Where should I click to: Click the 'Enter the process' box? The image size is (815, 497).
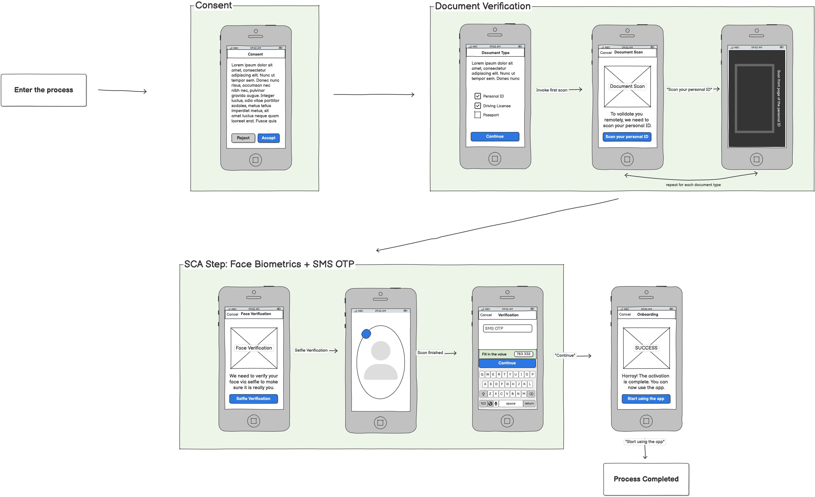coord(44,90)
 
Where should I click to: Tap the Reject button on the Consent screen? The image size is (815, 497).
coord(243,138)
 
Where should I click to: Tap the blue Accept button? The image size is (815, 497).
coord(268,138)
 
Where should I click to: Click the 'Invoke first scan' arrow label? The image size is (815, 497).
coord(551,90)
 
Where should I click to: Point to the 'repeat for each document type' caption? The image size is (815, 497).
coord(693,185)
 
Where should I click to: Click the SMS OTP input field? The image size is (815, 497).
coord(507,328)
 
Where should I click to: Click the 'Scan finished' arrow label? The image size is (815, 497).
coord(430,353)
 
